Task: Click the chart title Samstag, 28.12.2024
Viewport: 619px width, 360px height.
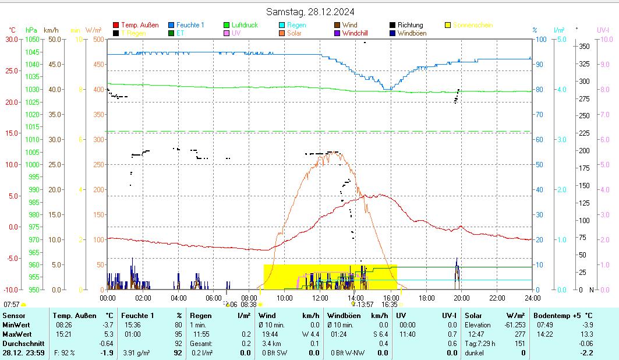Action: click(x=310, y=12)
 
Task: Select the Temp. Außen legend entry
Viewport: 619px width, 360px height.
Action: click(x=139, y=25)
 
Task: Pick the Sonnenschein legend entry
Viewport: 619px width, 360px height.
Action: click(x=472, y=25)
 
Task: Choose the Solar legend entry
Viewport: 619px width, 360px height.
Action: click(x=295, y=33)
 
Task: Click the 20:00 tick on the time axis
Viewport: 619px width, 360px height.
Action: click(x=462, y=298)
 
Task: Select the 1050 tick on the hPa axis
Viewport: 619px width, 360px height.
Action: click(x=32, y=39)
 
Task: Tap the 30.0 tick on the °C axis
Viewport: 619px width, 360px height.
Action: click(x=11, y=39)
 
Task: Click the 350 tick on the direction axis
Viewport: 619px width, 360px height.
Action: click(x=585, y=46)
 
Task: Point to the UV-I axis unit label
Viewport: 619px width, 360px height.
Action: click(x=603, y=30)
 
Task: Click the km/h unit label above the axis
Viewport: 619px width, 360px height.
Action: click(x=51, y=30)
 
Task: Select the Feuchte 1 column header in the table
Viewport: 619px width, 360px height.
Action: click(x=138, y=315)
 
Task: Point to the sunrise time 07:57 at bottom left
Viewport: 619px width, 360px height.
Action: click(x=12, y=304)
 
